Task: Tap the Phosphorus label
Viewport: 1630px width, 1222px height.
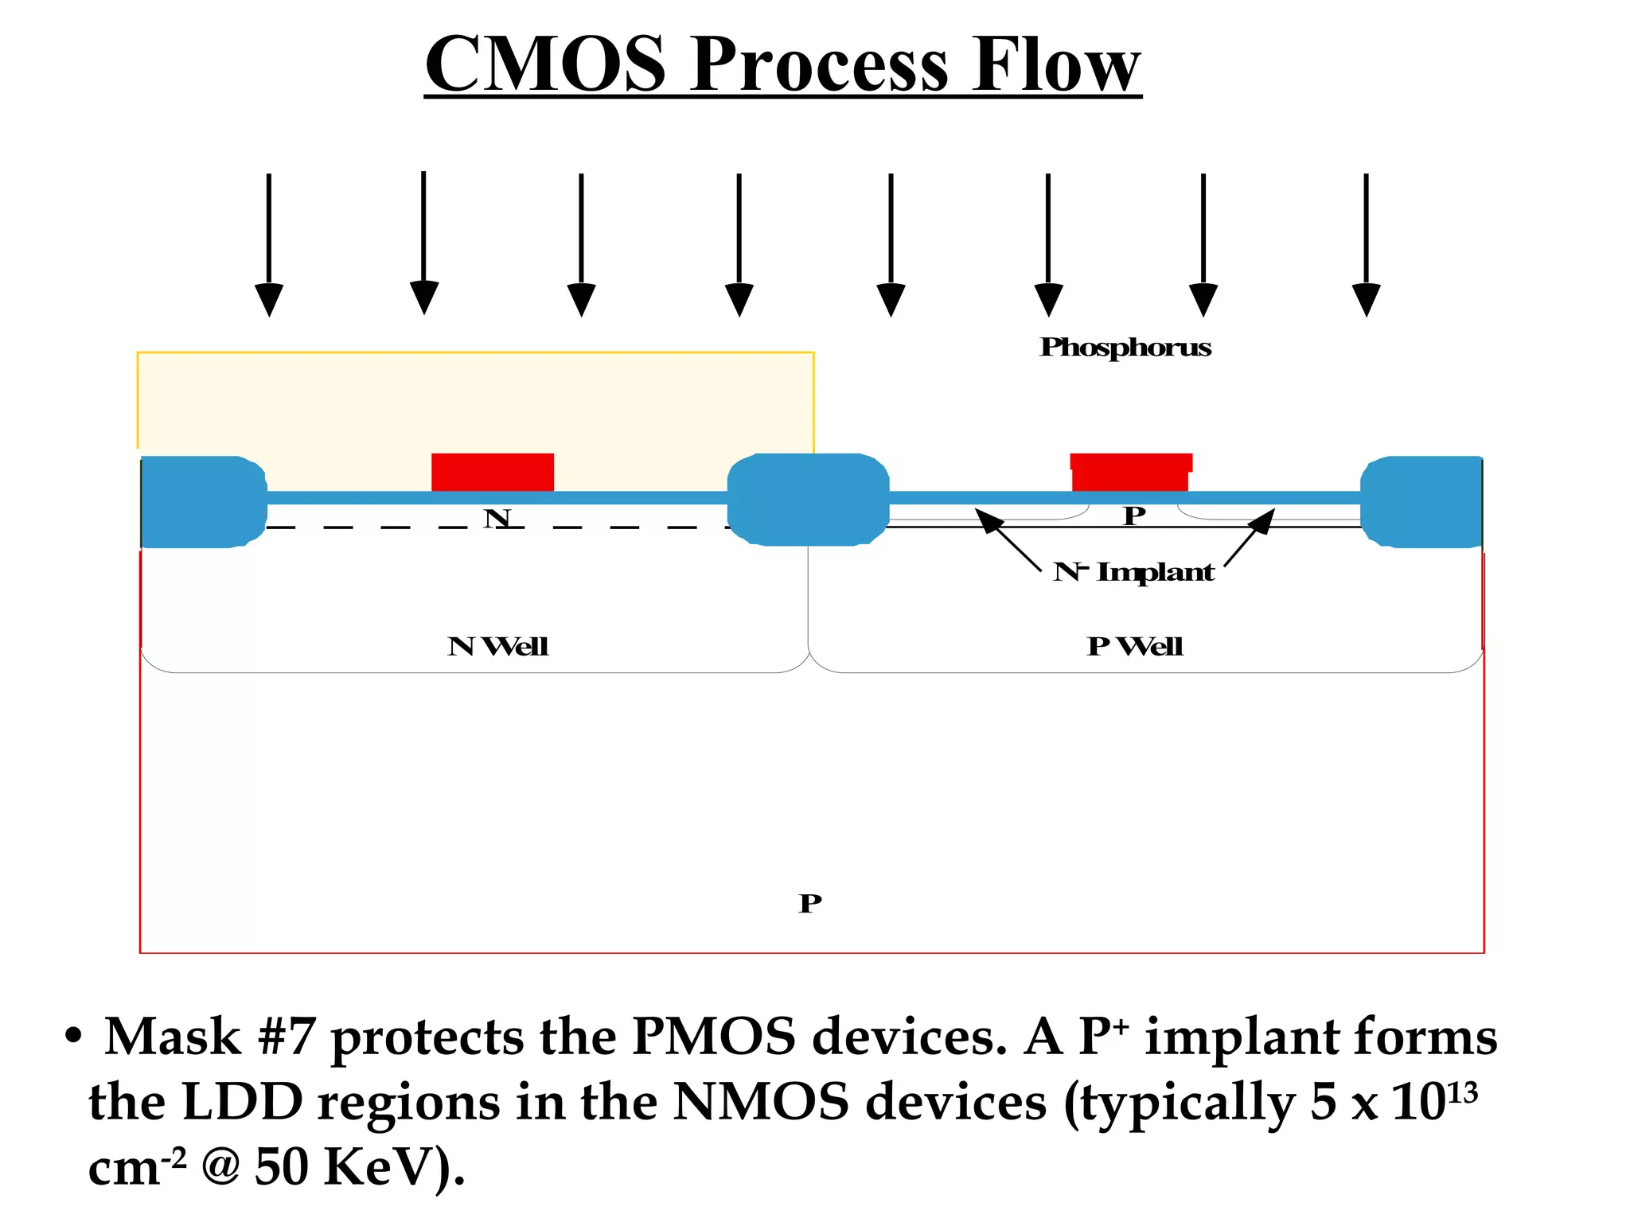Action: [x=1125, y=348]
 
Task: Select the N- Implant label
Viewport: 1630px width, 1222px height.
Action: [x=1133, y=572]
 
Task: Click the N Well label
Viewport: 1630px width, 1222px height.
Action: [x=498, y=646]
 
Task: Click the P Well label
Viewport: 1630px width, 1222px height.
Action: [x=1135, y=646]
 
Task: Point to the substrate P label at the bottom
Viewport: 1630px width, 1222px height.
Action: [x=810, y=904]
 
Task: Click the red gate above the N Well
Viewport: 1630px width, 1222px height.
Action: [x=493, y=472]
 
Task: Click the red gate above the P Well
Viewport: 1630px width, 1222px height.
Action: [x=1130, y=472]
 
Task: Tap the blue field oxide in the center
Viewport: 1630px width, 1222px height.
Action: [x=808, y=499]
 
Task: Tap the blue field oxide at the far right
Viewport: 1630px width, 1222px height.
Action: [x=1421, y=501]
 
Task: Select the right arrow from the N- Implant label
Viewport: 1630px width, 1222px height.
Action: [x=1250, y=538]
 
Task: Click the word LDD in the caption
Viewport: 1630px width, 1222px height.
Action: [x=242, y=1103]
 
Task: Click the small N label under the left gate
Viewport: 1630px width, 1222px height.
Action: [x=497, y=519]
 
